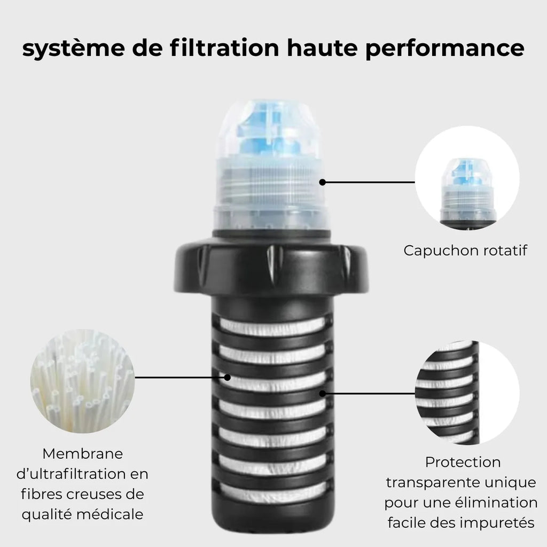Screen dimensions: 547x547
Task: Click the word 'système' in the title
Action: (x=74, y=49)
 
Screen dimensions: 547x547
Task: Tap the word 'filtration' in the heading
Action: (x=225, y=48)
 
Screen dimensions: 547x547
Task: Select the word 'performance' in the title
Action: (x=445, y=49)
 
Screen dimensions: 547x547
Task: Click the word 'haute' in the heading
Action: (x=322, y=48)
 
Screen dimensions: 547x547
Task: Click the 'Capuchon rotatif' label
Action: (x=465, y=251)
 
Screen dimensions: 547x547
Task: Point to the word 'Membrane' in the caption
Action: (x=83, y=454)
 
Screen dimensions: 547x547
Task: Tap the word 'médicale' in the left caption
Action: (x=110, y=514)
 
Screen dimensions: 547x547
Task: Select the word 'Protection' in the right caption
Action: (x=463, y=462)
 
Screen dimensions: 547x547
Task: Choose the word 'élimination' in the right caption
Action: (x=499, y=503)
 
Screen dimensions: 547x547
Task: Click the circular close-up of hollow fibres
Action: (x=82, y=381)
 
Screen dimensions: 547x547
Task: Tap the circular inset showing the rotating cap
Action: (x=467, y=178)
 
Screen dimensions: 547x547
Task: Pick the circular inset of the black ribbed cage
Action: (x=467, y=393)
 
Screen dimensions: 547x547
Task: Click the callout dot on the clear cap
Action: (x=322, y=182)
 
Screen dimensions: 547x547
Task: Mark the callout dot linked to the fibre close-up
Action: (x=228, y=378)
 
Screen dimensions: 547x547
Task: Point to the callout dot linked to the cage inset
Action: (x=322, y=394)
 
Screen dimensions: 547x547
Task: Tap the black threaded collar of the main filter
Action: (x=271, y=267)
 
